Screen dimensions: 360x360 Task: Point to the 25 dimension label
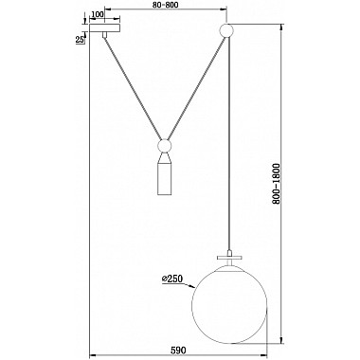coord(81,39)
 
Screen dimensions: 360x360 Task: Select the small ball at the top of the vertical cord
coord(225,30)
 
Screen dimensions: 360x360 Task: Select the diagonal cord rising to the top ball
coord(194,90)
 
